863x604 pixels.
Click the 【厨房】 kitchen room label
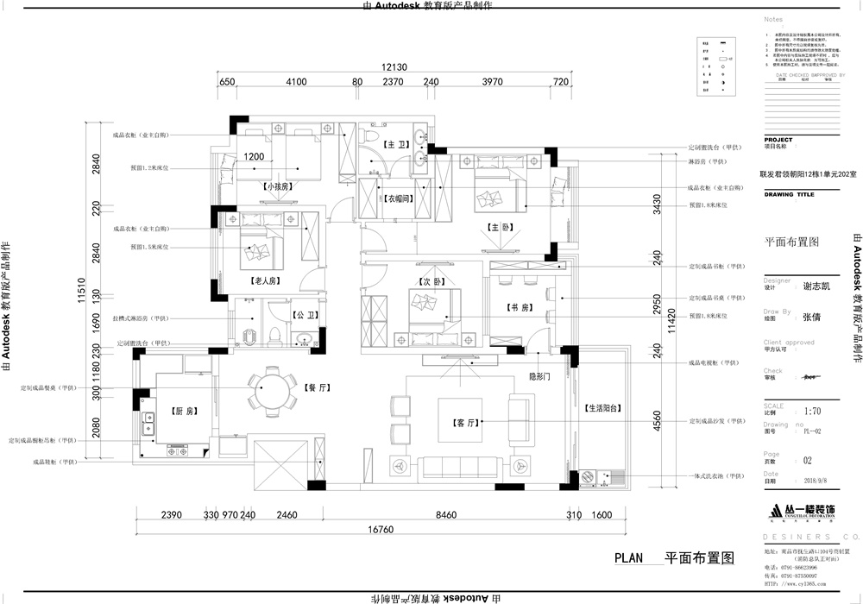click(180, 411)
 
